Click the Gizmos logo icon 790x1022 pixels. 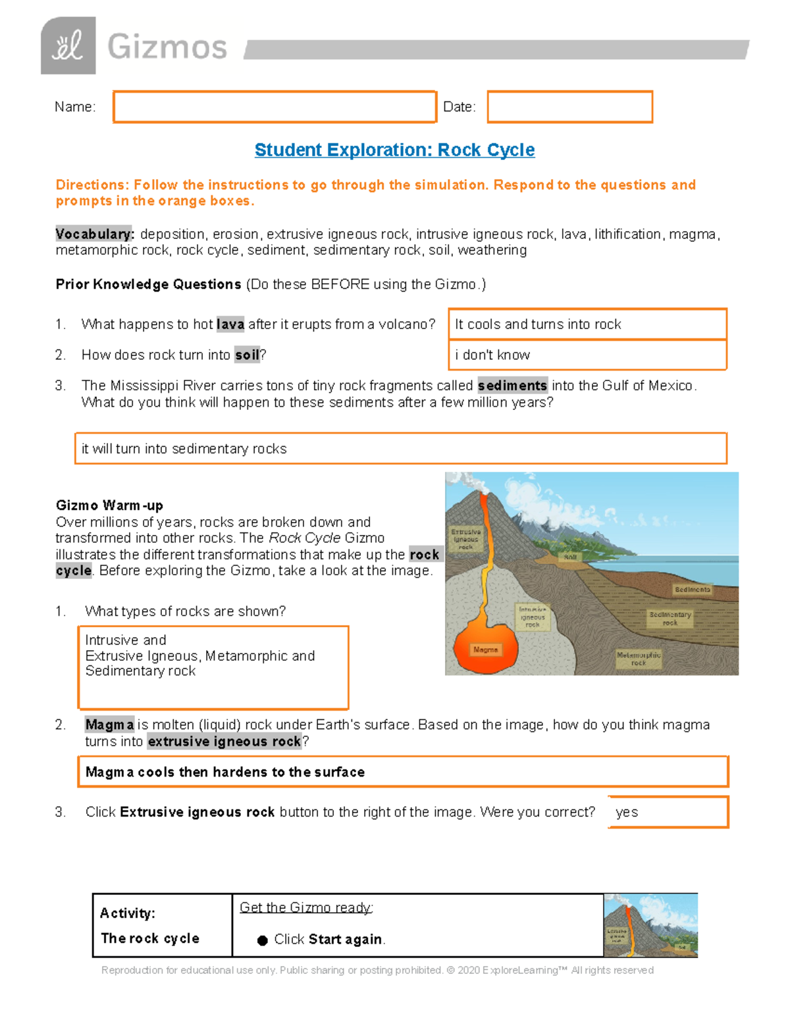point(68,46)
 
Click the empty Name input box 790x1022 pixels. point(275,107)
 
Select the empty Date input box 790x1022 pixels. point(569,107)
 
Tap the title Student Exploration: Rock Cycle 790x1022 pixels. point(394,150)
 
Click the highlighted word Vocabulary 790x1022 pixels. point(95,234)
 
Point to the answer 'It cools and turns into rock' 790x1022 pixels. point(538,324)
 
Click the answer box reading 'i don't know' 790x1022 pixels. point(587,355)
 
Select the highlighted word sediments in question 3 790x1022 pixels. point(512,386)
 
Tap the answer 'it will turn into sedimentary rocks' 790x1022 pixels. point(184,449)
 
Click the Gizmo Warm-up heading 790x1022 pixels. point(109,505)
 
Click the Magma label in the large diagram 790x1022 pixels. point(486,650)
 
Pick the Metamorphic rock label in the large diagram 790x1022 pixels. point(639,659)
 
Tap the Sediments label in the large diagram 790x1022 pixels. point(692,590)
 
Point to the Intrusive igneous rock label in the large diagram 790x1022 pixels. point(533,617)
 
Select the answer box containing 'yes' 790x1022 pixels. point(668,812)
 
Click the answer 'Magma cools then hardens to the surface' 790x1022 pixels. point(225,772)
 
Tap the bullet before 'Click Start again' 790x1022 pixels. point(262,940)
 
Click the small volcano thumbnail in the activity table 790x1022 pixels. point(650,925)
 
